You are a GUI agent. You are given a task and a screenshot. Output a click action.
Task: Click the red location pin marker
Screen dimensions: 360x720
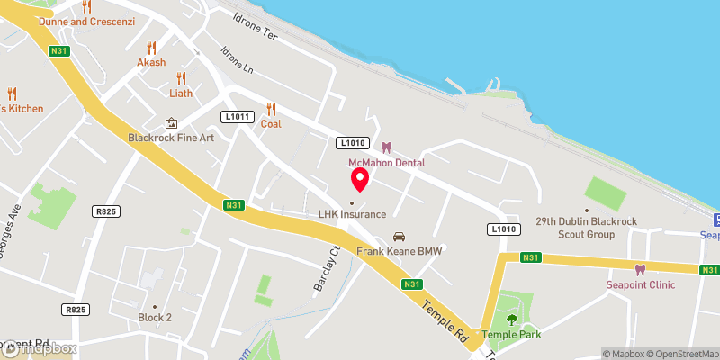[x=360, y=179]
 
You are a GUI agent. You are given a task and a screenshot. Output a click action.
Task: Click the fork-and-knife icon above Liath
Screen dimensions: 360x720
[x=181, y=77]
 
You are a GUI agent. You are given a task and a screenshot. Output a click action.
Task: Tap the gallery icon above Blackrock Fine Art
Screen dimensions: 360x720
[x=172, y=122]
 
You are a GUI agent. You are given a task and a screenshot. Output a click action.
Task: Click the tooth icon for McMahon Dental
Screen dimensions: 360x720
[x=386, y=148]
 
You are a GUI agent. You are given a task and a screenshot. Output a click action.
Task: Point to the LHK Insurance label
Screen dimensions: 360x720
[x=352, y=214]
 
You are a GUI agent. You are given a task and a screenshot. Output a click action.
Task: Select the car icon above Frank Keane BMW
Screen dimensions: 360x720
[x=400, y=237]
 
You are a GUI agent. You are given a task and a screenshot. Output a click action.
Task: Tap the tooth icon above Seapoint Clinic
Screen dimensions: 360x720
[x=641, y=269]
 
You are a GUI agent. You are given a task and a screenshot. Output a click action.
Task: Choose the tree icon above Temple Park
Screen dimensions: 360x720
[x=512, y=319]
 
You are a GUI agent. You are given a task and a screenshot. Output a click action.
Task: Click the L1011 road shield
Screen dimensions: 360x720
[x=238, y=117]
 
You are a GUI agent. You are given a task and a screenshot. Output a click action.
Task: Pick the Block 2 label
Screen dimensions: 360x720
[x=155, y=317]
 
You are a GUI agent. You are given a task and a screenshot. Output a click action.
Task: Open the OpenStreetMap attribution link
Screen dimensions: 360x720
[x=684, y=354]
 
